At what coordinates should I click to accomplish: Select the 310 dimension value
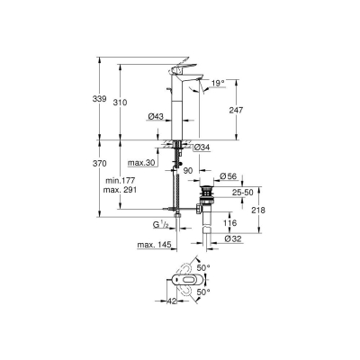[x=130, y=103]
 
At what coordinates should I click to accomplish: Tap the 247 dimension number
[x=235, y=108]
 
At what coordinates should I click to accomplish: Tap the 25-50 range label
[x=241, y=191]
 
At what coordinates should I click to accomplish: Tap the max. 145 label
[x=152, y=246]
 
